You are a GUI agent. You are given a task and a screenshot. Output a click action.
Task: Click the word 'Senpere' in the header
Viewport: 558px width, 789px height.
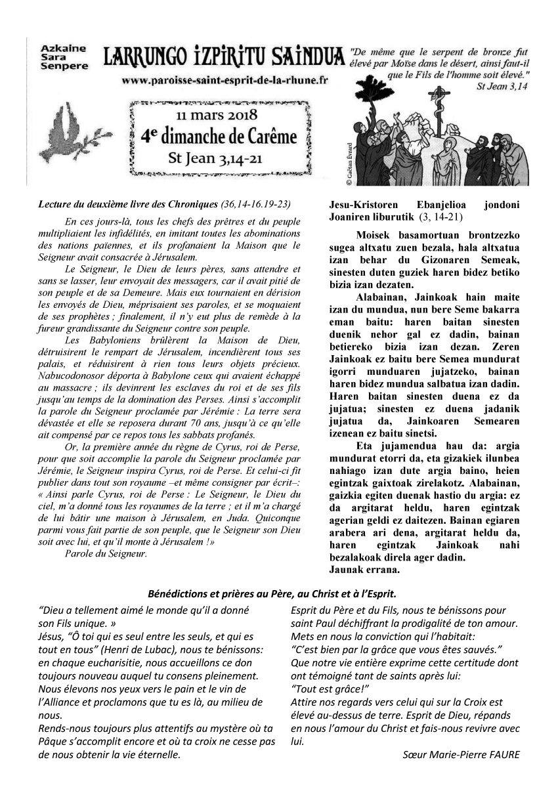click(58, 67)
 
